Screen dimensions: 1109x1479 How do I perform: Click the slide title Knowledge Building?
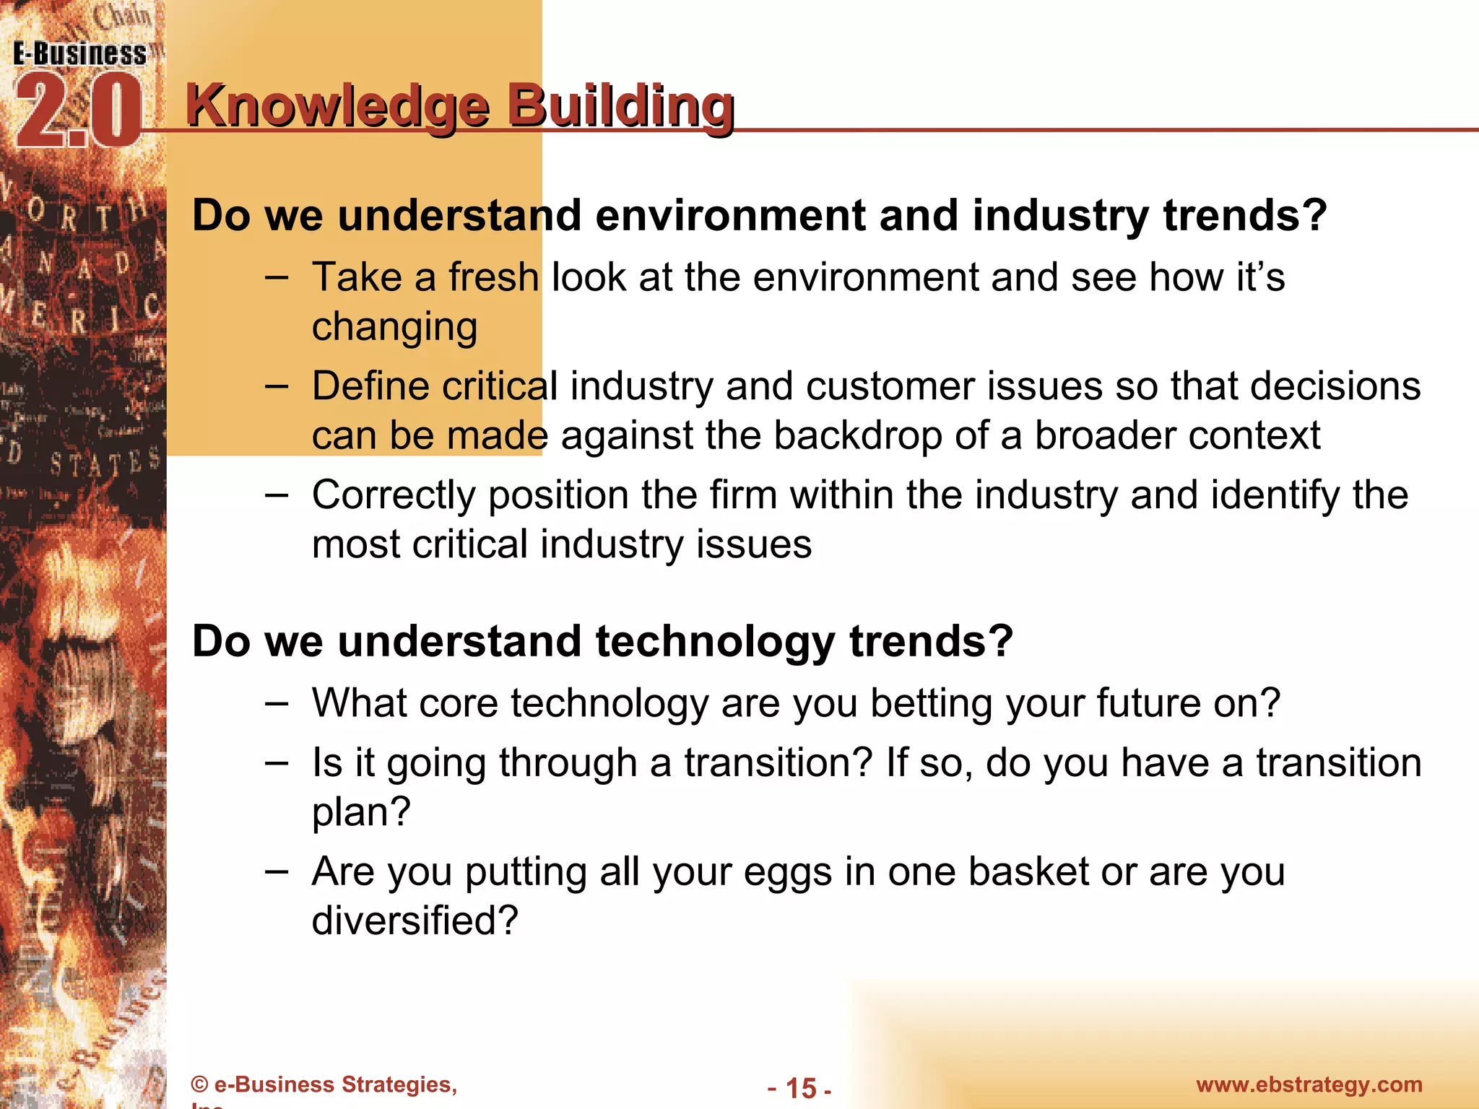point(460,106)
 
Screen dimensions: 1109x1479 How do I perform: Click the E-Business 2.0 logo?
point(78,94)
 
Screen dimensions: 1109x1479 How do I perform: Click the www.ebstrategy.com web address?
point(1309,1084)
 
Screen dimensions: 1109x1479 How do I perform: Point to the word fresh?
point(493,277)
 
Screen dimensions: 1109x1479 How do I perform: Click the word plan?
point(361,812)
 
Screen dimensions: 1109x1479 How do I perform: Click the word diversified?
point(415,921)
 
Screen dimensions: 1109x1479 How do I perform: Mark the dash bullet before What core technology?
point(277,704)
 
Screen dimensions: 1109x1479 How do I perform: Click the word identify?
point(1275,496)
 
